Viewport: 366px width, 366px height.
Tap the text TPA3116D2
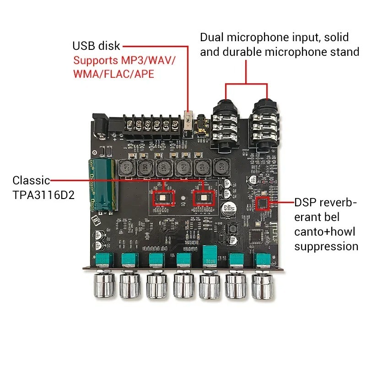pos(43,195)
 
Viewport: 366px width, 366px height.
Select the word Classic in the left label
pos(31,180)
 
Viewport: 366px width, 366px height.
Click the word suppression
pos(326,247)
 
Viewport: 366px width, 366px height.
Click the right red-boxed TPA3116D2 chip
pos(202,197)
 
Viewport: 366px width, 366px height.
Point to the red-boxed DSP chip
pos(263,204)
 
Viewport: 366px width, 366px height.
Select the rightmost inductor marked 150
pos(221,168)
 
